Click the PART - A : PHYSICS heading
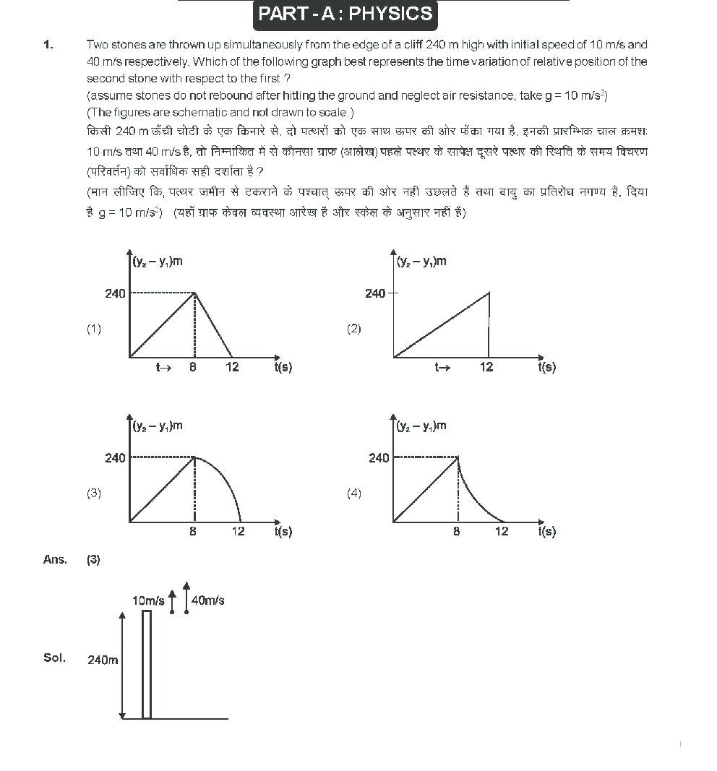(345, 14)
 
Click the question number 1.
(48, 45)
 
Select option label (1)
(94, 329)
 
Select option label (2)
(353, 329)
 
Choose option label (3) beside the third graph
(94, 494)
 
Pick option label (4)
(353, 494)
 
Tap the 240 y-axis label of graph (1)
(115, 293)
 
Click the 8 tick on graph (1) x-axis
(193, 367)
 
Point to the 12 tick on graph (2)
(486, 367)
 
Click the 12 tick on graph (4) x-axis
(502, 532)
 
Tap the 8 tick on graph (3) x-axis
(193, 532)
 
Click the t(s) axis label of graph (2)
(547, 367)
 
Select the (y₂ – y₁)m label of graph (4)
(422, 426)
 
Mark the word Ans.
(55, 560)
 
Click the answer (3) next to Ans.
(94, 560)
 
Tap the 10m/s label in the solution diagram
(148, 600)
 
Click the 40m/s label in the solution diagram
(208, 600)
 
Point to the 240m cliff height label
(103, 660)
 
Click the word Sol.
(54, 658)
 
